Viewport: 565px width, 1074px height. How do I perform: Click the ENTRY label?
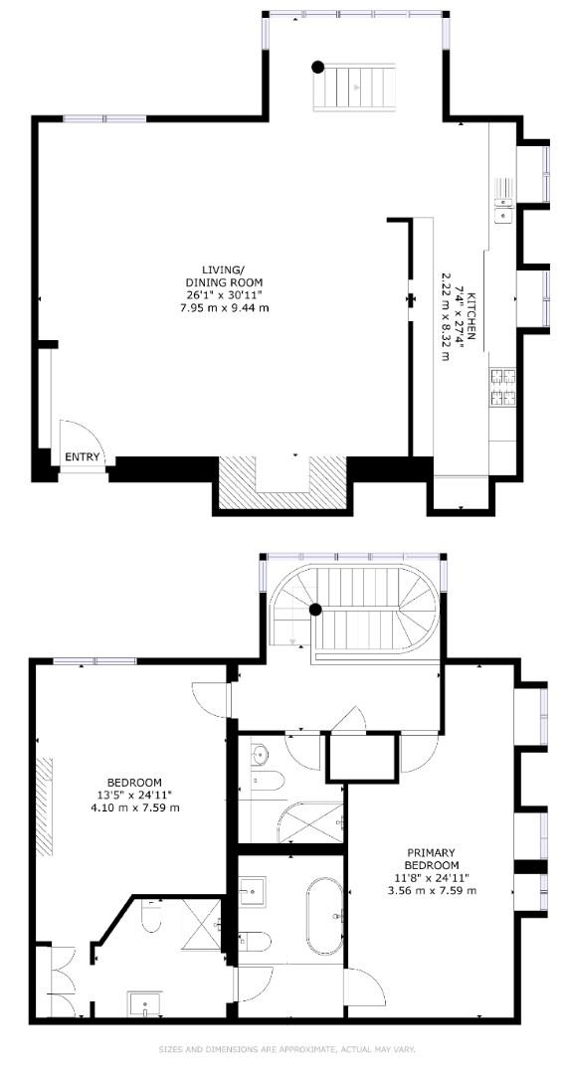pos(83,457)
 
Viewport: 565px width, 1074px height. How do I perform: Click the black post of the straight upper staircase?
pos(317,68)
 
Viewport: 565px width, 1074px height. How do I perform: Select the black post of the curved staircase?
pos(315,610)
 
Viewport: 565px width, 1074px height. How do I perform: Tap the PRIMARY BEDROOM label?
pos(431,859)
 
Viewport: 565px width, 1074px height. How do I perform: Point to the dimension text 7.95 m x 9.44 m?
pos(222,307)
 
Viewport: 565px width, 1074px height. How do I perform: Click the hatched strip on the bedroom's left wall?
pos(45,791)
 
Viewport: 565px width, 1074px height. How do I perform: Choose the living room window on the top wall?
pos(104,118)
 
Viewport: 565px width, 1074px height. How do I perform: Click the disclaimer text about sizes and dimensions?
pos(287,1049)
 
